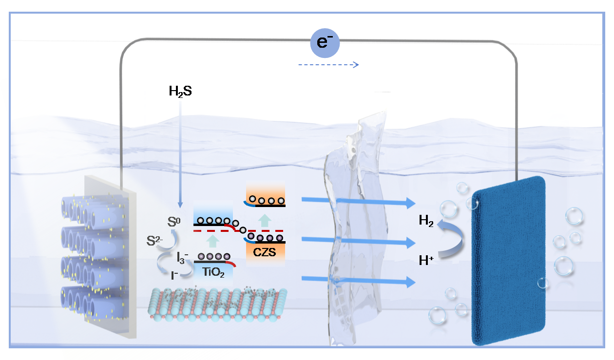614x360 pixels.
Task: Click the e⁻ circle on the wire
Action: [325, 42]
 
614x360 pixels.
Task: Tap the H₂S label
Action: [180, 91]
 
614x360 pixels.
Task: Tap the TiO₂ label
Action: [213, 273]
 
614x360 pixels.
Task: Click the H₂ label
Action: [427, 222]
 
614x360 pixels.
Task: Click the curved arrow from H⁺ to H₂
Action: [450, 239]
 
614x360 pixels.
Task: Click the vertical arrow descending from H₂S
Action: [180, 151]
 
